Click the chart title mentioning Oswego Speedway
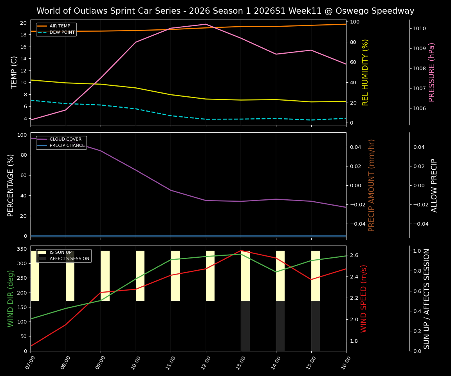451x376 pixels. click(225, 11)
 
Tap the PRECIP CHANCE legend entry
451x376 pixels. click(67, 145)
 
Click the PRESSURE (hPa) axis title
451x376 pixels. click(432, 72)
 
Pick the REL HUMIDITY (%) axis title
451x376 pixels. click(365, 72)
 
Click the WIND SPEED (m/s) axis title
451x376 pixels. click(364, 298)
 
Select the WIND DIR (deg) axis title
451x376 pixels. click(11, 298)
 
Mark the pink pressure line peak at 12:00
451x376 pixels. click(206, 24)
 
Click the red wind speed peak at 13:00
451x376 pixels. click(241, 251)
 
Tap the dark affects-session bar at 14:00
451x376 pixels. click(280, 325)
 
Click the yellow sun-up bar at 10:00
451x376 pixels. click(140, 276)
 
